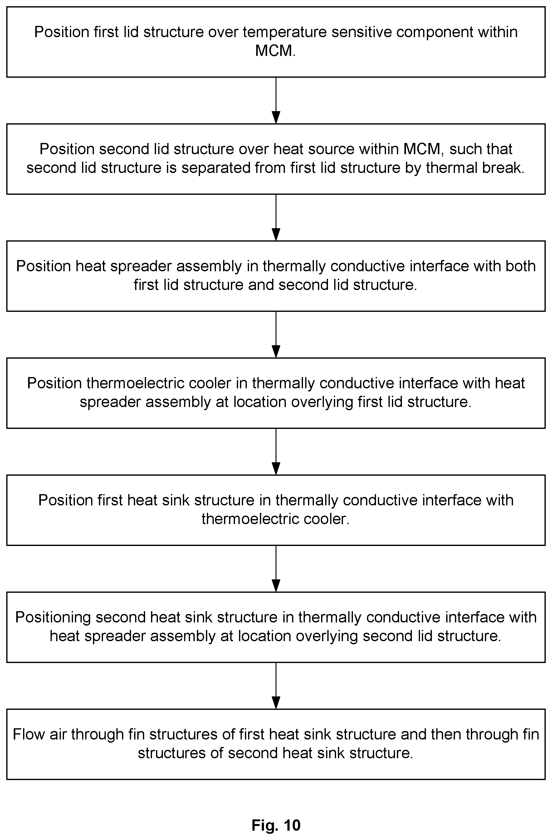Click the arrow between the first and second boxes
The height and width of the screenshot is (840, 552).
pos(276,100)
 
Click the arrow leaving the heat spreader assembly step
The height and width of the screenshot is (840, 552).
pos(276,335)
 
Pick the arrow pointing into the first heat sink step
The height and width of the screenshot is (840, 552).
pos(276,452)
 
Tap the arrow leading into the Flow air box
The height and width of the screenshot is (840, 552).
pos(276,686)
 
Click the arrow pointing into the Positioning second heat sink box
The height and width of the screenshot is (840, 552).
pos(276,569)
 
